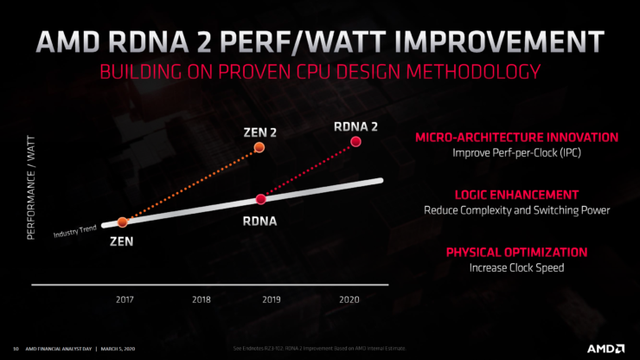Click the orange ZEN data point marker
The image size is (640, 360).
[122, 222]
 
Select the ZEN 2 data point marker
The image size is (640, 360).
[259, 149]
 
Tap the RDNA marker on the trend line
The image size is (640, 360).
[260, 198]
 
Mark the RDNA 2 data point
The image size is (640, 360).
[355, 145]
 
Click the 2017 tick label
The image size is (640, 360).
[126, 299]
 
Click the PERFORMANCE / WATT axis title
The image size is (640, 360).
[35, 189]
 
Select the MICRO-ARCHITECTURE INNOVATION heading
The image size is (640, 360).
[517, 137]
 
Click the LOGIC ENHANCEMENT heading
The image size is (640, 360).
[517, 195]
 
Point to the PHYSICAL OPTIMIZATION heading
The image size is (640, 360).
[517, 252]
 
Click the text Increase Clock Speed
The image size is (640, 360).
[517, 267]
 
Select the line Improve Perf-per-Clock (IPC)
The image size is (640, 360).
[517, 152]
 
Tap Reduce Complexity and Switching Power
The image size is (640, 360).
[517, 210]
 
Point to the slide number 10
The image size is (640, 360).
[16, 349]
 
